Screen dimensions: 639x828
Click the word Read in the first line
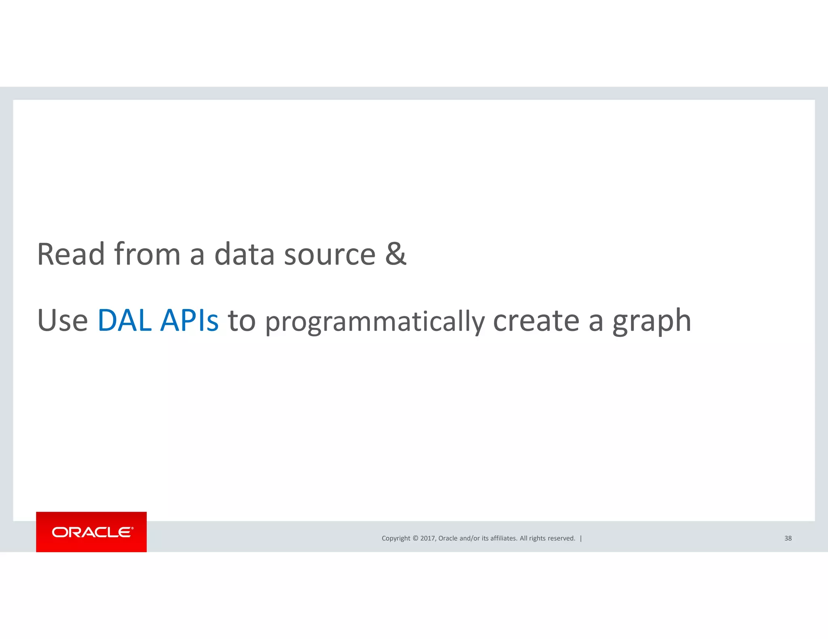point(71,254)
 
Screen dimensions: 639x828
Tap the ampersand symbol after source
point(395,254)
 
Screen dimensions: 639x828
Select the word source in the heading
point(330,255)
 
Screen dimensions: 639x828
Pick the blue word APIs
point(189,321)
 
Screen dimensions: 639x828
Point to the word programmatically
point(375,322)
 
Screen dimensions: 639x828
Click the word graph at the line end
point(652,322)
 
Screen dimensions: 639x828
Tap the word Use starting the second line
point(62,321)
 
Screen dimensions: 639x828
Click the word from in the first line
point(147,254)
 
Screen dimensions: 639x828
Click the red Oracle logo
point(91,532)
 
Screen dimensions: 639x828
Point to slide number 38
point(788,538)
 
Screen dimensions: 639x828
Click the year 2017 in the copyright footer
point(427,538)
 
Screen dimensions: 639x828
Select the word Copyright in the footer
point(396,538)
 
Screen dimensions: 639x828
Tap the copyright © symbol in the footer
point(415,538)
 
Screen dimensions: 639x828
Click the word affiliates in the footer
point(503,538)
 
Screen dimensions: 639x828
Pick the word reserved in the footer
point(561,538)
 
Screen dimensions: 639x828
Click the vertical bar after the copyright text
point(581,538)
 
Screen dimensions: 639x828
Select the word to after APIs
point(242,321)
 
